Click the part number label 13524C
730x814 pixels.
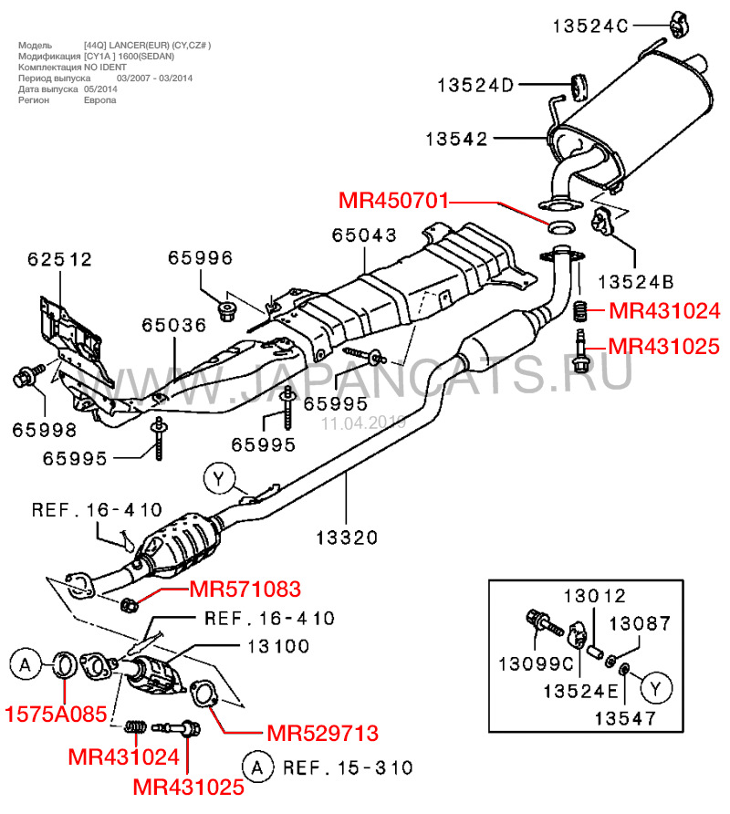590,27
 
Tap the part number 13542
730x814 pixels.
457,139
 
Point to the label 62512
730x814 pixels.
60,259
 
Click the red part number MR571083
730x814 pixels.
245,590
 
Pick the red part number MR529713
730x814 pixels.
322,732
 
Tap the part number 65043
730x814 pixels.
364,235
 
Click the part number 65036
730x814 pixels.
173,325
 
